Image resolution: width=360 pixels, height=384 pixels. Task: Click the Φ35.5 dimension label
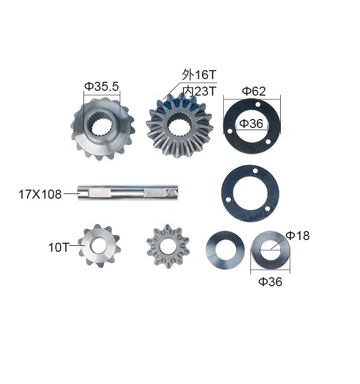(101, 87)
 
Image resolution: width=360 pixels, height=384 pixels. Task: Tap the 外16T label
(199, 74)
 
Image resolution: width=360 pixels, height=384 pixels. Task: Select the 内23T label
(199, 91)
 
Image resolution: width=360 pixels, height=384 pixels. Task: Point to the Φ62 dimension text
(254, 91)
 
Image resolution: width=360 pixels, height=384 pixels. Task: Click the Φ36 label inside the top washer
(251, 123)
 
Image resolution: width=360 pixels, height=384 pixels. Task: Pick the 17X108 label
(40, 194)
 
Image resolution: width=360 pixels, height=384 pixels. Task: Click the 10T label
(59, 248)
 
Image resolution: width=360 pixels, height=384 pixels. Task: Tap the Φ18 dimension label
(298, 236)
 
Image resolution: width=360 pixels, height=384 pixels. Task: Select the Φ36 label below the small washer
(270, 281)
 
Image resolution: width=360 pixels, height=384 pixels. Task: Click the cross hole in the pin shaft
(173, 193)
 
